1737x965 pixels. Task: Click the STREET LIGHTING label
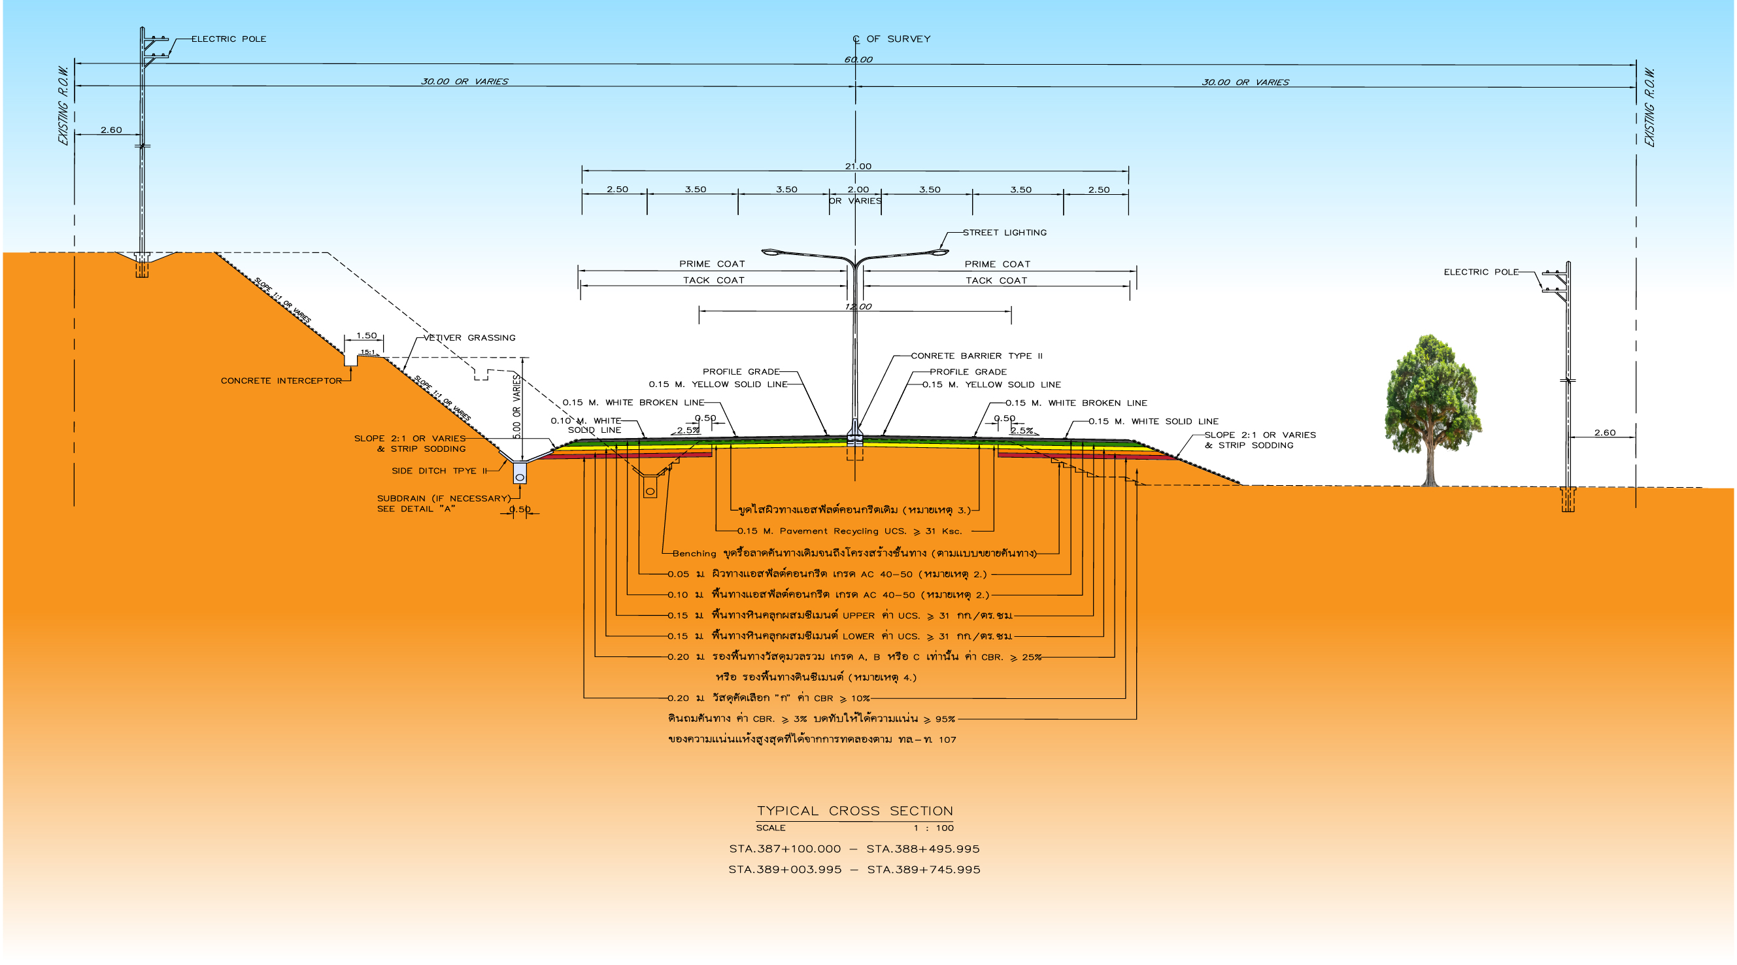1004,233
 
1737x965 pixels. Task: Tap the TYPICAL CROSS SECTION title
854,811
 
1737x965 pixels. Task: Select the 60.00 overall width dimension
858,59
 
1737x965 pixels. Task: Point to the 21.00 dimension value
858,166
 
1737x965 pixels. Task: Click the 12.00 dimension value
858,307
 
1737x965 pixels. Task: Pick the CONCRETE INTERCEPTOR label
281,381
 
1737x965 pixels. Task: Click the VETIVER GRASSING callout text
469,338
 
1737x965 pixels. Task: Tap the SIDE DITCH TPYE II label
439,471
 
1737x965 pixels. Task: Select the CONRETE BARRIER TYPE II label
977,356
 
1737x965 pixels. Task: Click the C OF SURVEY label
892,39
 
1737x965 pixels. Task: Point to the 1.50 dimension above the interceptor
366,335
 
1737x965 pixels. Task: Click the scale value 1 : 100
934,828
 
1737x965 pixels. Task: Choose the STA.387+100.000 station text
785,849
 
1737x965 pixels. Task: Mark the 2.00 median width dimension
858,190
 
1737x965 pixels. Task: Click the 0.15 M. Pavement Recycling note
849,532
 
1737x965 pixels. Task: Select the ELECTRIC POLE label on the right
1481,273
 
